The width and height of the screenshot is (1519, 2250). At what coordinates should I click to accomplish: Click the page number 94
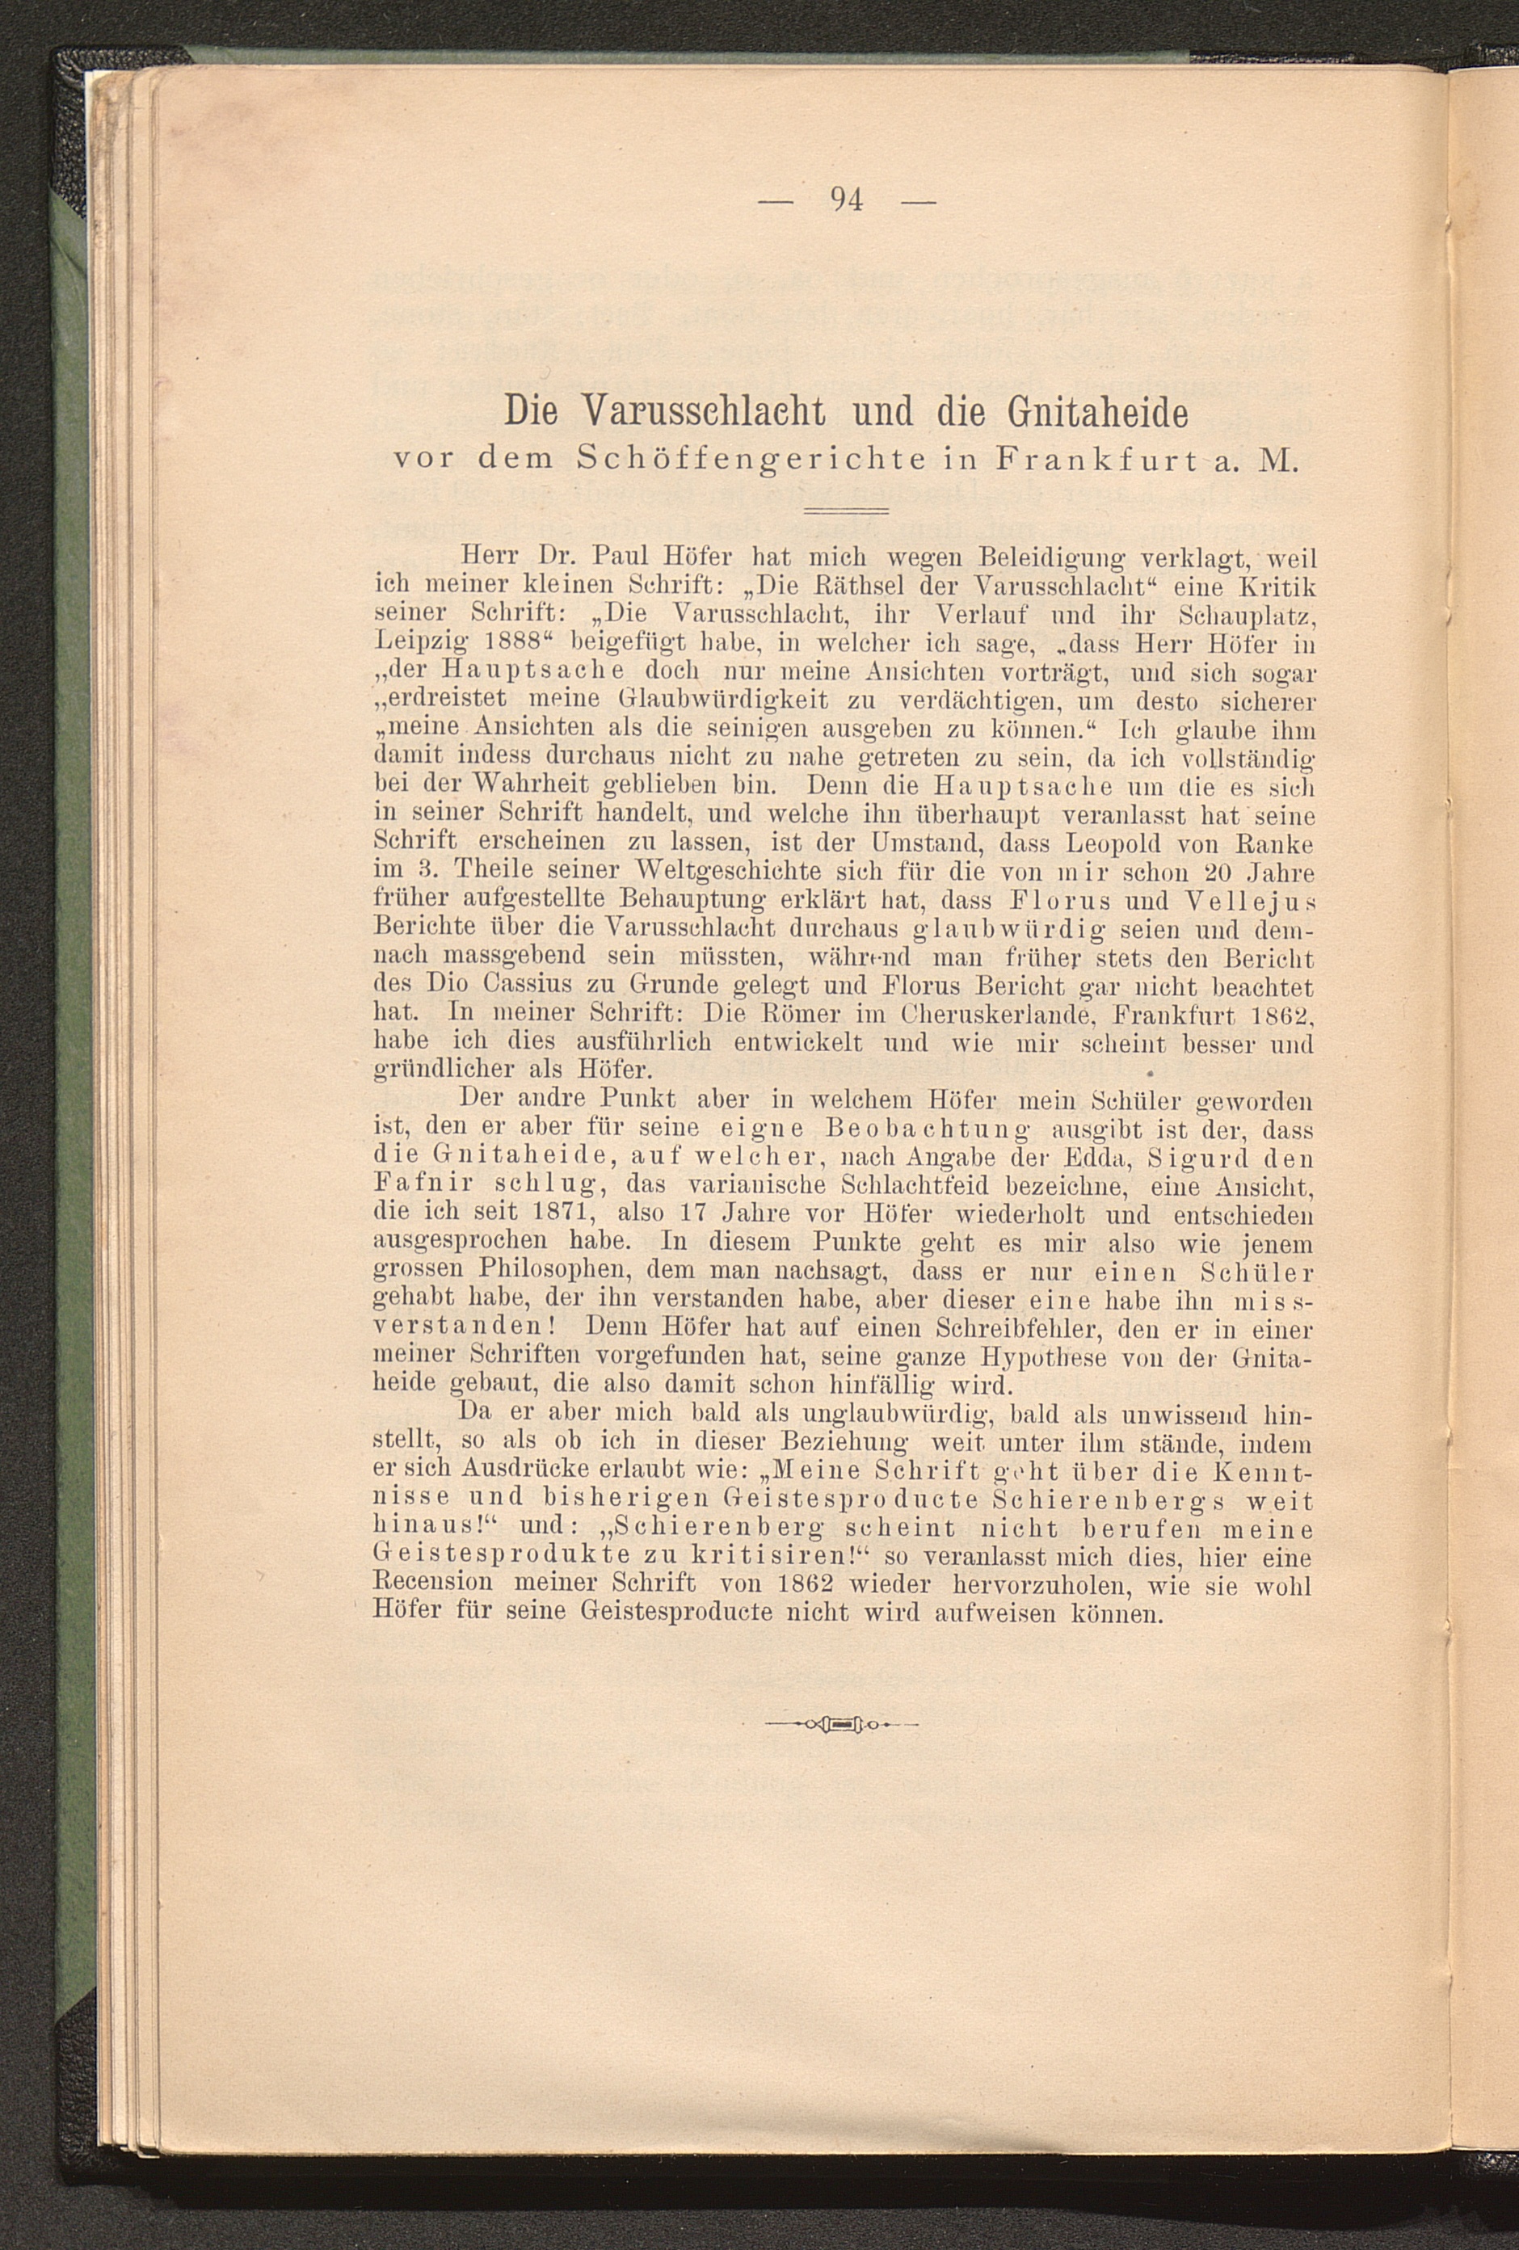click(846, 200)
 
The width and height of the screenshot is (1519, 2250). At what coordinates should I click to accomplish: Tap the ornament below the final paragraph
click(839, 1723)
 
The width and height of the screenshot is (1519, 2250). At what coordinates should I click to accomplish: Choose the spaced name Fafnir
click(422, 1186)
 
